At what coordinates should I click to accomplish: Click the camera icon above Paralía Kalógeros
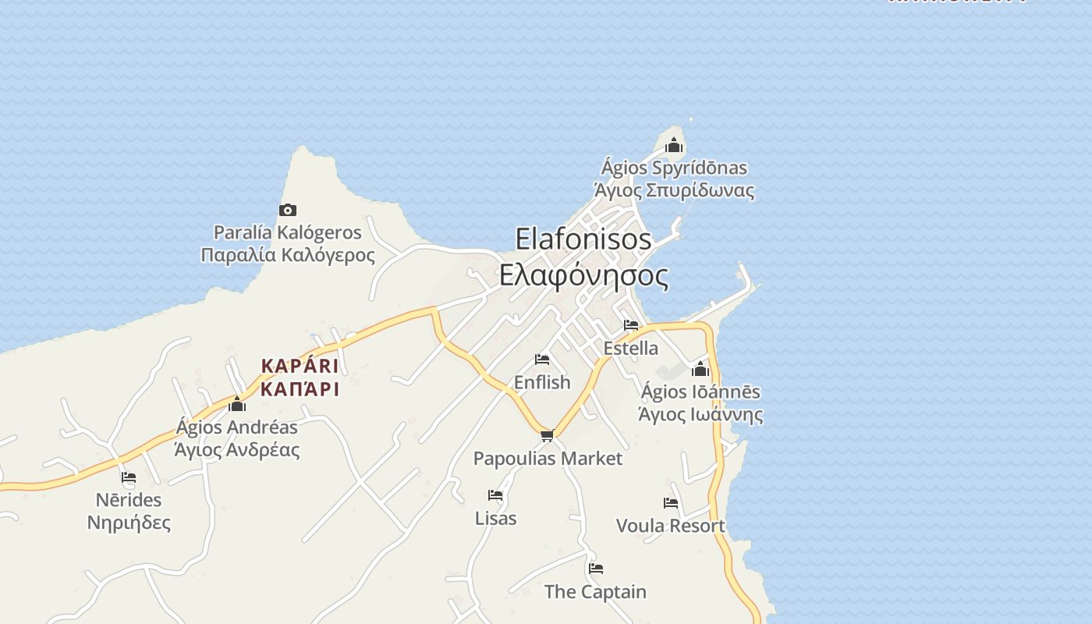point(288,210)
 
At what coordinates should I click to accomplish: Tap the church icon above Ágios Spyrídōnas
point(674,145)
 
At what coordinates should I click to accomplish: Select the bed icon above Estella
point(631,325)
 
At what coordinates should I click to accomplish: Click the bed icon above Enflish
point(542,360)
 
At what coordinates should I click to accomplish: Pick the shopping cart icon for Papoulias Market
point(547,435)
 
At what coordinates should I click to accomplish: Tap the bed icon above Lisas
point(495,495)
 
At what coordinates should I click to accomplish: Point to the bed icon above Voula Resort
point(671,503)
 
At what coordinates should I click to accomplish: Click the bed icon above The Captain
point(596,569)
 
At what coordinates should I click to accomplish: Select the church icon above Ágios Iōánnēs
point(700,369)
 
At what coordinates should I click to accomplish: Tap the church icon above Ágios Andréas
point(237,404)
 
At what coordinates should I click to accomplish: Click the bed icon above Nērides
point(129,477)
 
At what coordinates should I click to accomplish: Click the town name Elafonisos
point(583,239)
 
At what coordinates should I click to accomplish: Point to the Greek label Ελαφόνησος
point(583,275)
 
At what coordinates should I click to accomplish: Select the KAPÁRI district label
point(300,366)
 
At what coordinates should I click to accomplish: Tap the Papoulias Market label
point(548,459)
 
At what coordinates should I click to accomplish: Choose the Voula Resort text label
point(671,526)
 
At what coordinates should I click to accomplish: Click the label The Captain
point(595,592)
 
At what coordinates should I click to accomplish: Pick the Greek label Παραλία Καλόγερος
point(288,255)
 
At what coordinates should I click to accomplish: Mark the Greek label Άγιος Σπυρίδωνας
point(674,190)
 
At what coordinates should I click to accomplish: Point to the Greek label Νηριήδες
point(129,523)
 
